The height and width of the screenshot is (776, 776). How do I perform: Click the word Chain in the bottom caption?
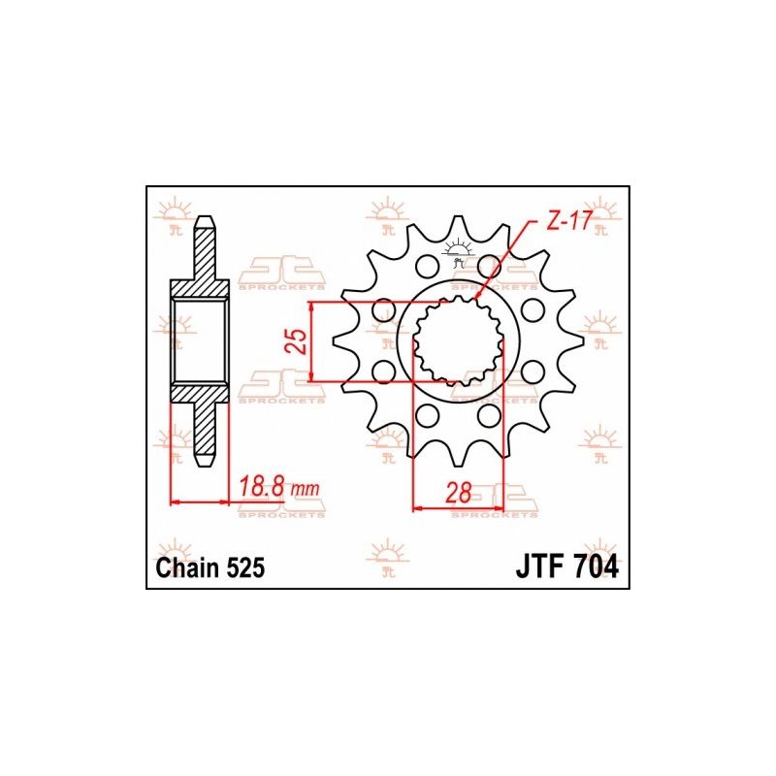186,567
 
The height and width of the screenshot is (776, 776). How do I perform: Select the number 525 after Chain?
245,567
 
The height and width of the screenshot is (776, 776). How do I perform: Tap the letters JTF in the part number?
538,567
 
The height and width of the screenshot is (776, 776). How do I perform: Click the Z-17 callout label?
568,222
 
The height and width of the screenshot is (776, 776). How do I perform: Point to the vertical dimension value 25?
298,341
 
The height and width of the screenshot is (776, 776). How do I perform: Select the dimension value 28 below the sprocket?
458,493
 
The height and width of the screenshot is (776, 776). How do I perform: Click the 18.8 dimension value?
262,488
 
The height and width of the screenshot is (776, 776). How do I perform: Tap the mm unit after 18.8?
305,490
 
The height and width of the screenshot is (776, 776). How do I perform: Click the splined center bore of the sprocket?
458,340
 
